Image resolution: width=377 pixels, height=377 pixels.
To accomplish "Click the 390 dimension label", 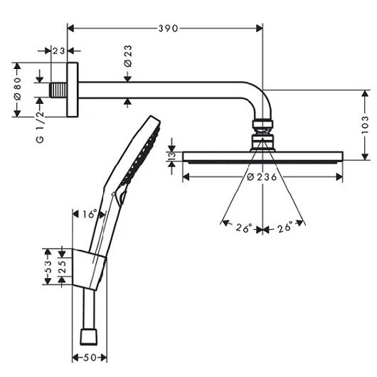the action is coord(168,28).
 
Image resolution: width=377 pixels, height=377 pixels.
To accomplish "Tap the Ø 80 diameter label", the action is coord(18,88).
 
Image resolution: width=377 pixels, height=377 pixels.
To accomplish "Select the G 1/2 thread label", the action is coord(40,127).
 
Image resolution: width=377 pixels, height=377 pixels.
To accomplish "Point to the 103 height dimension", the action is coord(365,125).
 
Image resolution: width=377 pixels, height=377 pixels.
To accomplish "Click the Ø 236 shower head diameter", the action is coord(262,177).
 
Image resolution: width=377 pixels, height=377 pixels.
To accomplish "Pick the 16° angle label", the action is coord(90,214).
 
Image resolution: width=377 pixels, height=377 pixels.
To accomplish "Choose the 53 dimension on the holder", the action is coord(48,267).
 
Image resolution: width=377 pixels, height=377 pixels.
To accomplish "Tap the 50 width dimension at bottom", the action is coord(90,358).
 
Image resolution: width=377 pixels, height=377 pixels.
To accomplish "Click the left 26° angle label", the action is coord(244,228).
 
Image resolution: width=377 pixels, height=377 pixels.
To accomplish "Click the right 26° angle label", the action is coord(285,227).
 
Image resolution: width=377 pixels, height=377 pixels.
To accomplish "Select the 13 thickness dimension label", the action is coord(172,156).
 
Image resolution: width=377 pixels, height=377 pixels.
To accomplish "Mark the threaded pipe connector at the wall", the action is coord(58,90).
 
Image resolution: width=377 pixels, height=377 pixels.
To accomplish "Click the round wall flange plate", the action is coord(73,90).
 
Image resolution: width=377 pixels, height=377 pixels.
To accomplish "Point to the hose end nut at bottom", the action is coord(89,337).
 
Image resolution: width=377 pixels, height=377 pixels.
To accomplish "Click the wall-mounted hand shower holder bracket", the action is coord(88,270).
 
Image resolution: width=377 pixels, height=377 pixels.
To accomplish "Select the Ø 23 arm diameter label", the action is coord(128,56).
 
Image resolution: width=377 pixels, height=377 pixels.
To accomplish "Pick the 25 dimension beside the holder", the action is coord(63,267).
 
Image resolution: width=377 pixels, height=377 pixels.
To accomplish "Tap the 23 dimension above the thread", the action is coord(59,51).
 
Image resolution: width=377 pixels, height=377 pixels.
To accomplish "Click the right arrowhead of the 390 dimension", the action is coord(260,28).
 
